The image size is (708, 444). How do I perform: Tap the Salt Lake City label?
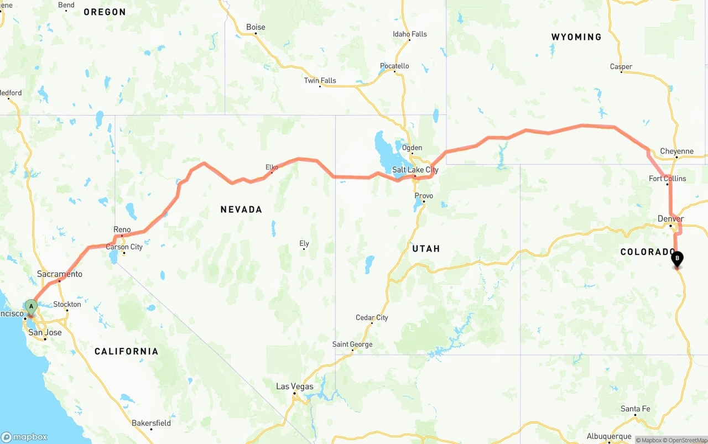coord(415,170)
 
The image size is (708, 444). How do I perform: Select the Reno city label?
coord(122,229)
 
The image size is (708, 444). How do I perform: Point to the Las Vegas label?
coord(294,386)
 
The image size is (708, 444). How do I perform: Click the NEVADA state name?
coord(241,210)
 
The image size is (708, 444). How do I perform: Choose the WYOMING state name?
coord(576,37)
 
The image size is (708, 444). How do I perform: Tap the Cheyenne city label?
coord(676,152)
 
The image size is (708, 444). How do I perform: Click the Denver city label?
coord(670,219)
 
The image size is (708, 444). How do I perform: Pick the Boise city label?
coord(256,27)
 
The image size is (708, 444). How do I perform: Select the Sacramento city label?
coord(60,274)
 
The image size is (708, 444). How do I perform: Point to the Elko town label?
coord(272,167)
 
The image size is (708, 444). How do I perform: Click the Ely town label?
coord(304,243)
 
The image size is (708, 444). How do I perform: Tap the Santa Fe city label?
coord(635,409)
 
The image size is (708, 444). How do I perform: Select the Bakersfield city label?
coord(151,423)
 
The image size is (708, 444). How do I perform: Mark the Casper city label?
coord(621,67)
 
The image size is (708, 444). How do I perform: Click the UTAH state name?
coord(426,249)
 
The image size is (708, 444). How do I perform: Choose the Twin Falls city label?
coord(320,81)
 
